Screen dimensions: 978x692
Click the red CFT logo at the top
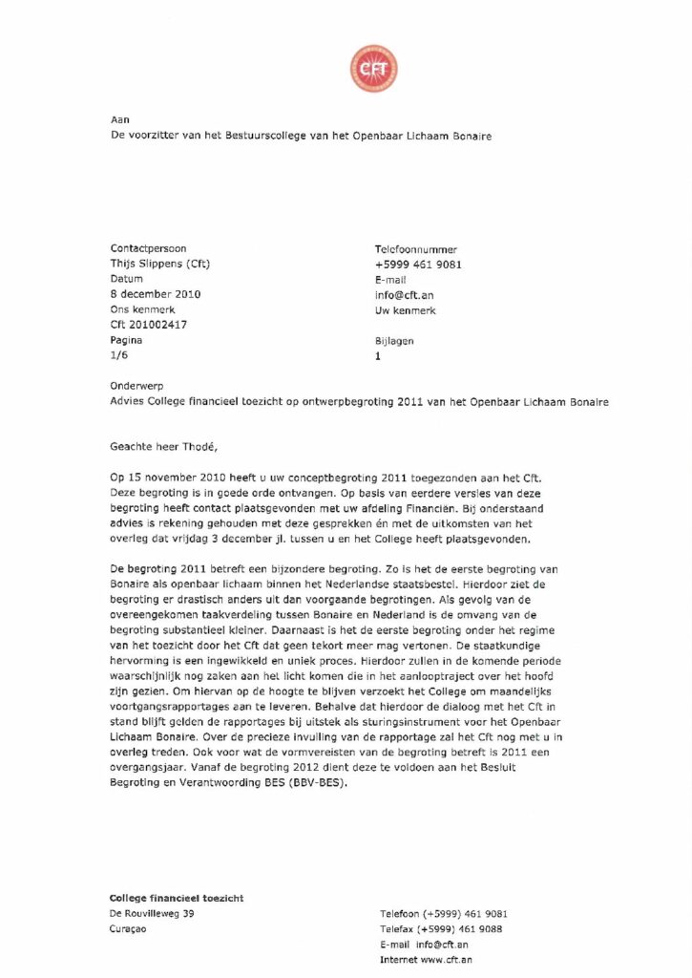coord(373,69)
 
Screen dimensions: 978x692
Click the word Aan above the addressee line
coord(119,119)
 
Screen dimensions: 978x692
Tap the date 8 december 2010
coord(156,294)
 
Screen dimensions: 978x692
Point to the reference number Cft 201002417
coord(149,325)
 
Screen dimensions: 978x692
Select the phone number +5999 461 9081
coord(418,265)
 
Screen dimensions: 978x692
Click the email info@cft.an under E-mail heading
coord(405,295)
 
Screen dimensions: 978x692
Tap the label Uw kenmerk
coord(406,310)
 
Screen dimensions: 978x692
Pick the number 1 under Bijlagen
coord(379,355)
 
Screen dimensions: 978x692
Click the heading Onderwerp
coord(137,387)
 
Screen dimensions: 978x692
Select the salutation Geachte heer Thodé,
coord(170,444)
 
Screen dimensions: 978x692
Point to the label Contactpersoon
coord(149,249)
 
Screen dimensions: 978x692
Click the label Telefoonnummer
coord(416,249)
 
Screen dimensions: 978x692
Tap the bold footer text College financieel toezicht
coord(177,898)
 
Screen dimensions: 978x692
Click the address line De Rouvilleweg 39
coord(153,914)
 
